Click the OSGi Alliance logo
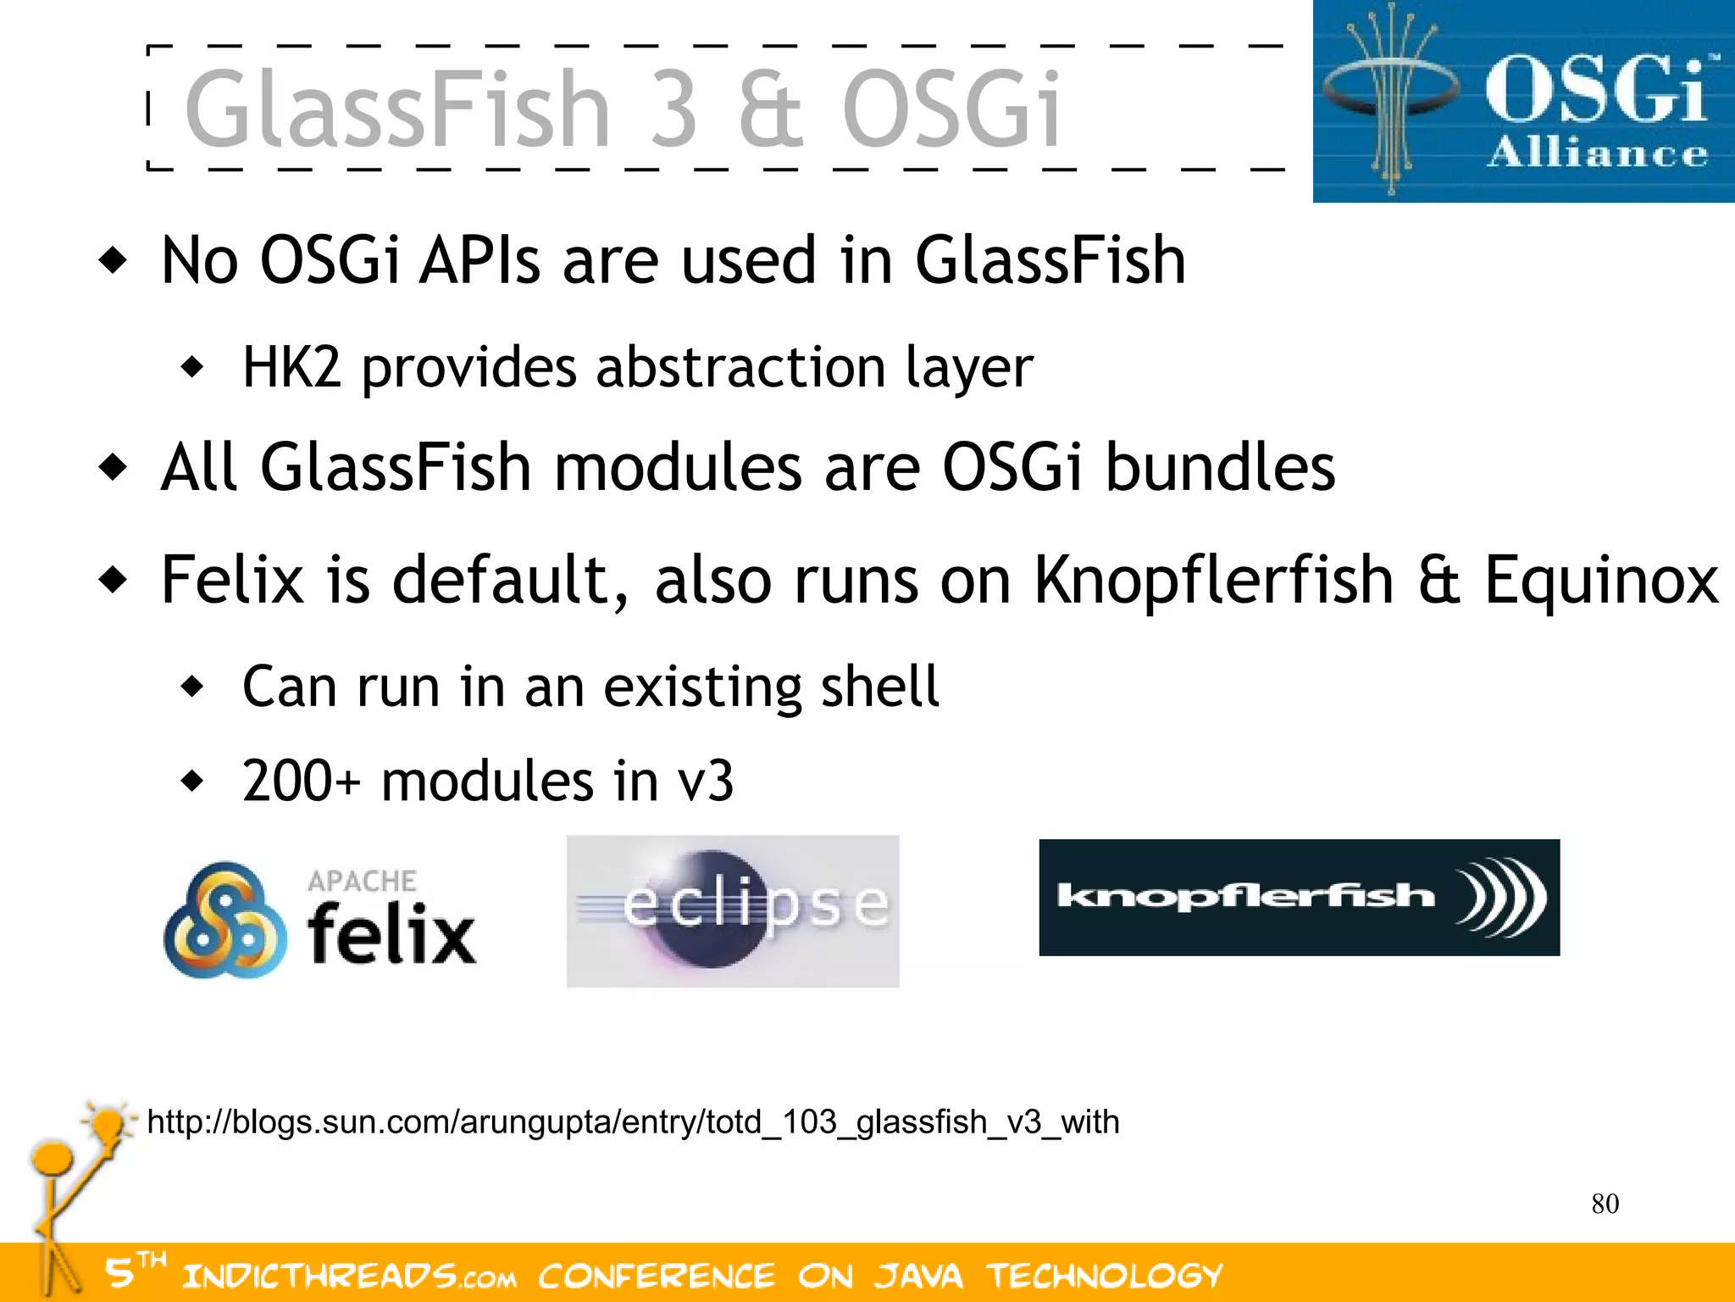pos(1523,102)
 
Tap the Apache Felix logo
pos(320,921)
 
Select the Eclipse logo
pos(733,910)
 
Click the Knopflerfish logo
pos(1299,897)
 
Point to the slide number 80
pos(1605,1204)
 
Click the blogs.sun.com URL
pos(633,1122)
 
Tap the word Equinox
pos(1601,581)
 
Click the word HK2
pos(291,368)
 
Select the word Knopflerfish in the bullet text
pos(1213,581)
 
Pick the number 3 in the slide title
pos(673,110)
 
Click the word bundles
pos(1220,468)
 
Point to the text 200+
pos(301,781)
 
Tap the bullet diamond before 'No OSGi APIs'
pos(113,259)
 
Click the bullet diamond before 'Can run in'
pos(193,686)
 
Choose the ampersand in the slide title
pos(769,110)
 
